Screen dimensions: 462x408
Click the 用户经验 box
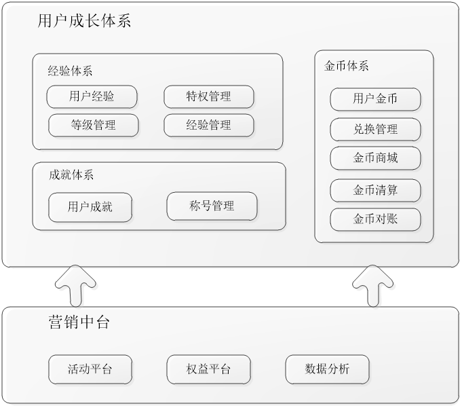[x=92, y=96]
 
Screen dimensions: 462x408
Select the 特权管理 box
[x=209, y=96]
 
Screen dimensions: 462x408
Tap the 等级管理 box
[x=94, y=125]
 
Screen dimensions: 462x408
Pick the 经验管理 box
[x=209, y=125]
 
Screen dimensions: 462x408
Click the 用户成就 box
[x=90, y=207]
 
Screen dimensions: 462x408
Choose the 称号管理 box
[x=212, y=206]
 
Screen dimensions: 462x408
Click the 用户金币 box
[x=375, y=99]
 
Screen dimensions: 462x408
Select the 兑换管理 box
[x=375, y=129]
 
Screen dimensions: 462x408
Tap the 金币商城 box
[x=375, y=158]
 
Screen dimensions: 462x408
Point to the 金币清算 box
[x=375, y=190]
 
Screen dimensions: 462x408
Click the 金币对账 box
[x=375, y=219]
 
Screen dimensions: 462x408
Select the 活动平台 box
[x=90, y=369]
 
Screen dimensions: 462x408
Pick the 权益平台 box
[x=208, y=369]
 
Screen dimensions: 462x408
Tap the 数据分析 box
[x=328, y=369]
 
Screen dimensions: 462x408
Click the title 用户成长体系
[x=85, y=21]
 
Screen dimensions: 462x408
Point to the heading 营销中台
[x=79, y=322]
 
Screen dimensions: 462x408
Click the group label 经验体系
[x=71, y=70]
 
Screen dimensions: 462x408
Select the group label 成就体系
[x=71, y=174]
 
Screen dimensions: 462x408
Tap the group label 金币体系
[x=347, y=67]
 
